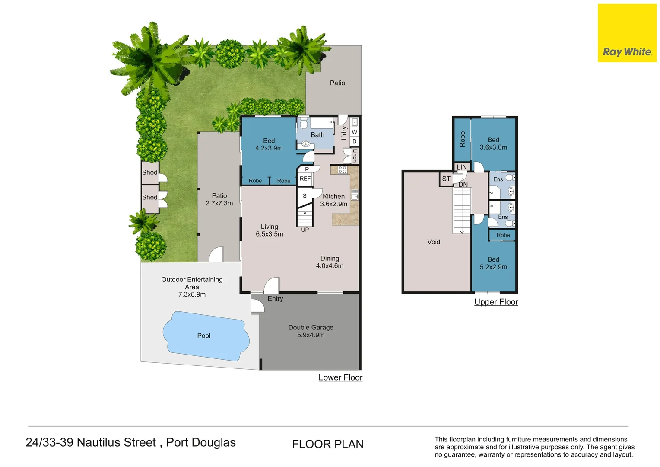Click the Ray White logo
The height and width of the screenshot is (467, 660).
click(x=627, y=33)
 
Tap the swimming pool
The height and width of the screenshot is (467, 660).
click(x=206, y=336)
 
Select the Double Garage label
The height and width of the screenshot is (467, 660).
click(x=311, y=327)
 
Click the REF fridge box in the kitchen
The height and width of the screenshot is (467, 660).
click(x=305, y=179)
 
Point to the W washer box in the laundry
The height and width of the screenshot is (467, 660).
click(x=355, y=132)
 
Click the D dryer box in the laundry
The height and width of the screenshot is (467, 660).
click(x=355, y=141)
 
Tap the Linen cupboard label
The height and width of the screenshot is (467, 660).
click(x=355, y=156)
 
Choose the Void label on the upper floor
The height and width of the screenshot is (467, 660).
click(x=433, y=242)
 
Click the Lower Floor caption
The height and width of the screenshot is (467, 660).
click(x=340, y=377)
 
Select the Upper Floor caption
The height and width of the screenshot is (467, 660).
click(x=496, y=302)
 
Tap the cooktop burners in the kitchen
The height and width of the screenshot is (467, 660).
click(x=343, y=170)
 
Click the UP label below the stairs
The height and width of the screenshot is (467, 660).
click(x=305, y=230)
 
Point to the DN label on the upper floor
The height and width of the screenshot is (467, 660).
click(x=463, y=185)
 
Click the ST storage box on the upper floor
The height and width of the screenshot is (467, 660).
click(x=446, y=179)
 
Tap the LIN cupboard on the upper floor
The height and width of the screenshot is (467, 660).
click(x=462, y=167)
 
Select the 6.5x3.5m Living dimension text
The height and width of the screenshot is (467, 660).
click(x=269, y=234)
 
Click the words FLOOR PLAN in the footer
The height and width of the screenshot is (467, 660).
click(x=328, y=444)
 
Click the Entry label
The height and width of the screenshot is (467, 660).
click(x=275, y=298)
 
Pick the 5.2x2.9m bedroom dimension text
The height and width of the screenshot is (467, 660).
click(x=493, y=267)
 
